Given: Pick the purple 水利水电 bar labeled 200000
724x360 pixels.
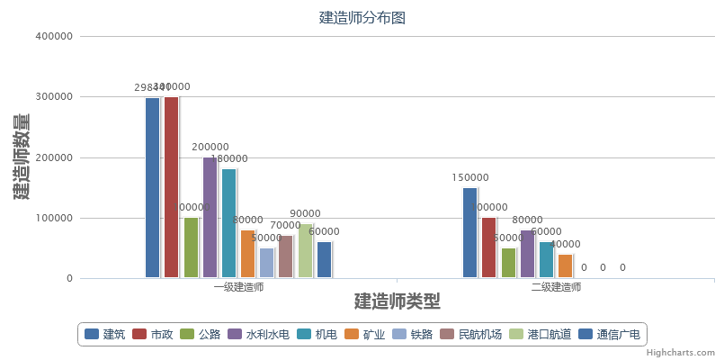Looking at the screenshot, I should click(210, 217).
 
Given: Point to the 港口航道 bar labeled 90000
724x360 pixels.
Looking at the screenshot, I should click(305, 251).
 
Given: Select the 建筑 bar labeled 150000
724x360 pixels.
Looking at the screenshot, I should click(469, 232).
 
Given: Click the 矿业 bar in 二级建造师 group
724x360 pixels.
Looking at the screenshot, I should click(565, 266).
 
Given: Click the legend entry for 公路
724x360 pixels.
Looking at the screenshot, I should click(199, 335).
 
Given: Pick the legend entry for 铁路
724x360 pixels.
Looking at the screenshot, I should click(412, 335).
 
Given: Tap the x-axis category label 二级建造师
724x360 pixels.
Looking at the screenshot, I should click(556, 287).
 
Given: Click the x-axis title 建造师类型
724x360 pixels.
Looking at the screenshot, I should click(397, 301).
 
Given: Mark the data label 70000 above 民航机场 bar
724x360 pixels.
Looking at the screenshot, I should click(285, 226).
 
